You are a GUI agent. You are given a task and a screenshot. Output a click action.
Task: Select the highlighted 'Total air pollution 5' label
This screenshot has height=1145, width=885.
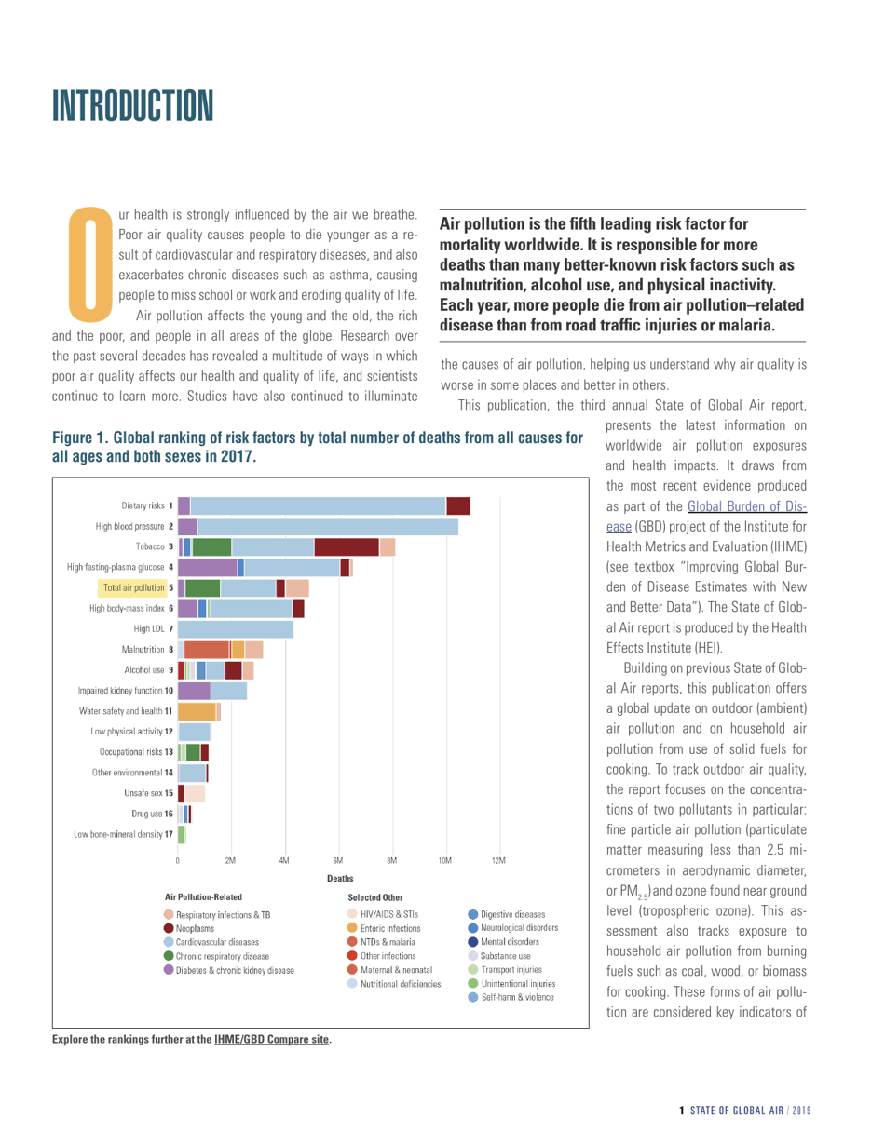(x=132, y=275)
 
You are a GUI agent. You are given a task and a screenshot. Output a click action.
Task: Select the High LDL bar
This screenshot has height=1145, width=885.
(x=236, y=316)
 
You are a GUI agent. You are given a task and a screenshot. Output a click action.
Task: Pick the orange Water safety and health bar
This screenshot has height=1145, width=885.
(x=197, y=397)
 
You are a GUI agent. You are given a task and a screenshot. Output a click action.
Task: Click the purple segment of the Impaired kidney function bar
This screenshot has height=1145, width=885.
(x=194, y=377)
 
